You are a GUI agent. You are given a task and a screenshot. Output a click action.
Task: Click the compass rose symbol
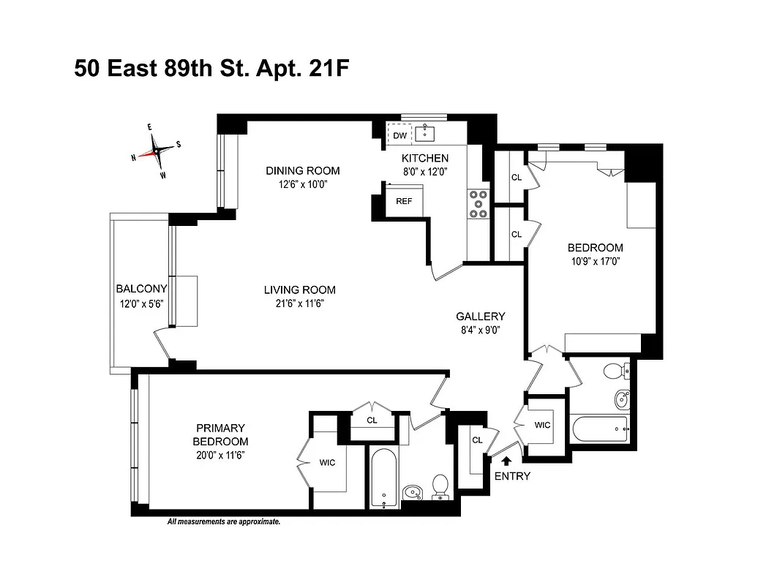156,151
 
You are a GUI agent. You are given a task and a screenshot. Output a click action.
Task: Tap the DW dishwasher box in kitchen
399,136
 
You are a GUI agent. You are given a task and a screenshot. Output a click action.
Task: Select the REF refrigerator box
404,201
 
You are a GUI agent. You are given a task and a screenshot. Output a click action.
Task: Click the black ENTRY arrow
506,460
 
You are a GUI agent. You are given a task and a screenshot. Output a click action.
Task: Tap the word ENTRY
512,476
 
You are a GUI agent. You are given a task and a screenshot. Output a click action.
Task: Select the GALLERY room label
481,317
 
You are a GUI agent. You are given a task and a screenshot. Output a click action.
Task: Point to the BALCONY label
141,289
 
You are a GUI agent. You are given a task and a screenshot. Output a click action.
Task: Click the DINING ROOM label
302,171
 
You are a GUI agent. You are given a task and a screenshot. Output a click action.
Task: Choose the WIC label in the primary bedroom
327,462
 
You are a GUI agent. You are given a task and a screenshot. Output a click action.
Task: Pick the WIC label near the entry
542,425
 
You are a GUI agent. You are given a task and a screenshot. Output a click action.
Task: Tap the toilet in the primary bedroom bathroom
440,485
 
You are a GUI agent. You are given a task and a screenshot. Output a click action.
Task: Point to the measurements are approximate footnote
224,522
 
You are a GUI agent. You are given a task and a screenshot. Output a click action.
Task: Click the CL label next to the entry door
477,440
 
